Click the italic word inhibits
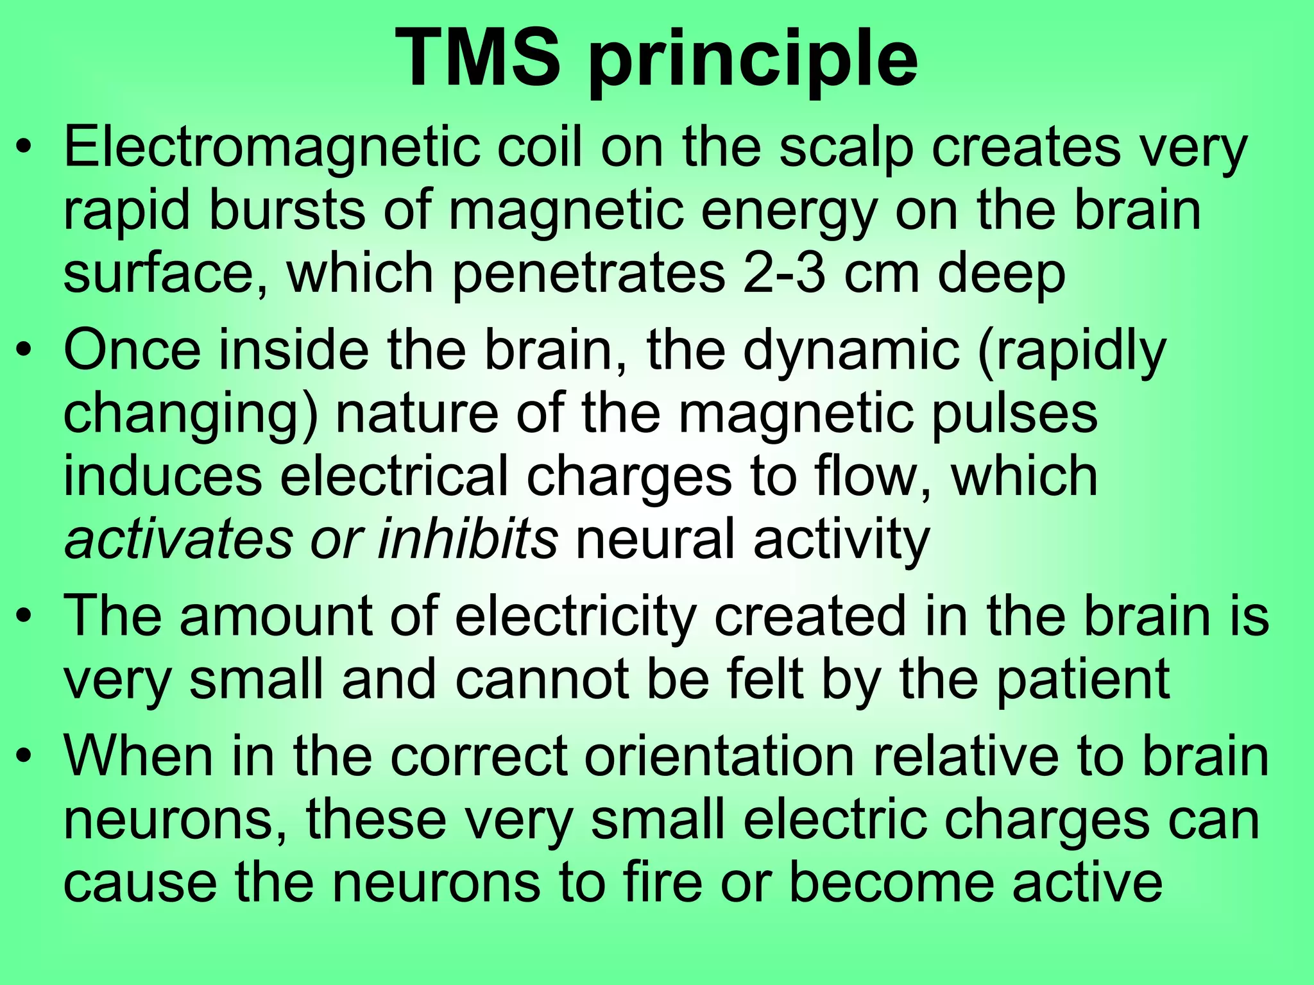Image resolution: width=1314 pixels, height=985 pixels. coord(467,539)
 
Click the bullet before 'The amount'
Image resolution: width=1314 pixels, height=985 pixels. coord(24,617)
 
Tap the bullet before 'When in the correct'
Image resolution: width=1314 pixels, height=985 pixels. coord(24,757)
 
